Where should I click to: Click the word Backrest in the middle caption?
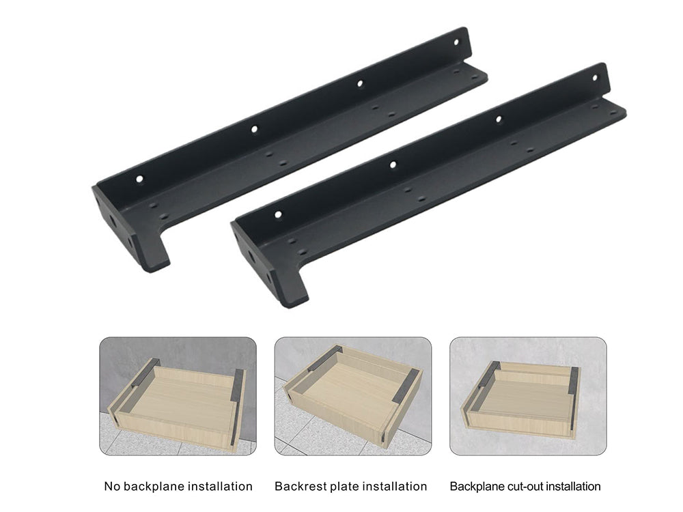[x=300, y=486]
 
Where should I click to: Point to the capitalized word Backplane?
[x=477, y=487]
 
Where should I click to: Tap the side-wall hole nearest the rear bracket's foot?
[x=139, y=179]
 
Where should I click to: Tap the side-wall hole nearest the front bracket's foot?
[x=278, y=214]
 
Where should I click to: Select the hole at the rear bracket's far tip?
[x=456, y=42]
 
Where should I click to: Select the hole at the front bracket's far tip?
[x=595, y=79]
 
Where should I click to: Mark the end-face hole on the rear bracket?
[x=113, y=222]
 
